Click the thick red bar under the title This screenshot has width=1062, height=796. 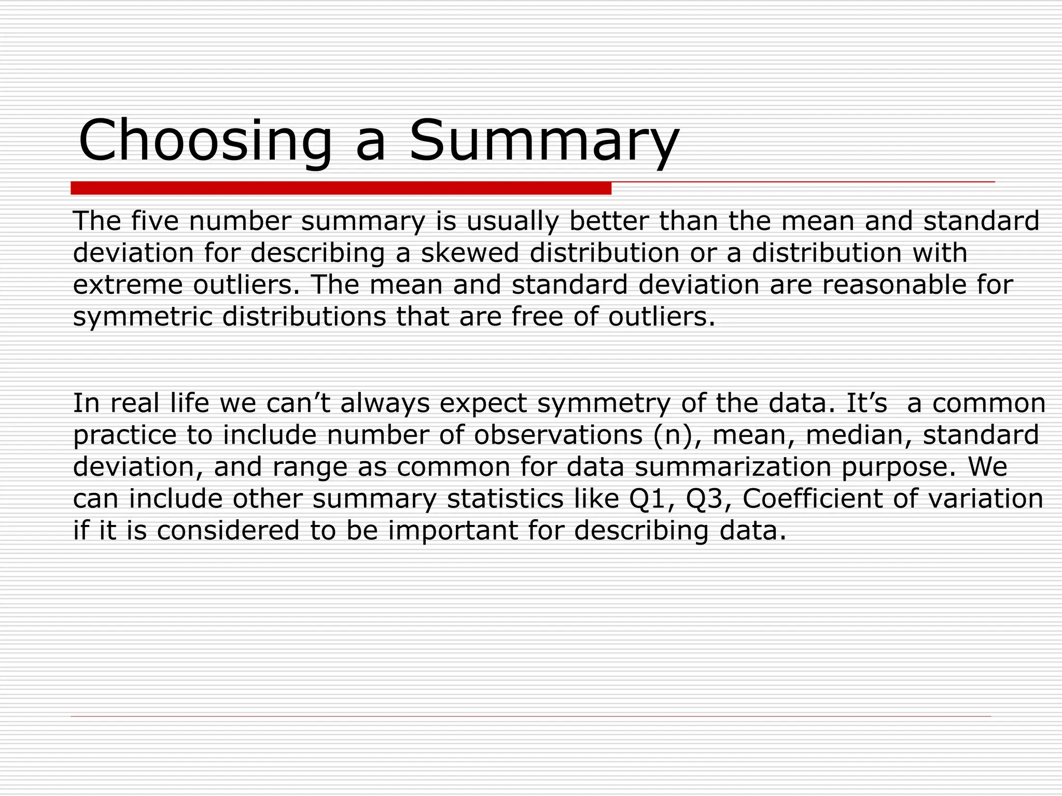click(x=341, y=188)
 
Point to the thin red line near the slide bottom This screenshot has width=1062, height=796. click(x=530, y=716)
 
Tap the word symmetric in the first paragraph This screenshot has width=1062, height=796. click(x=143, y=317)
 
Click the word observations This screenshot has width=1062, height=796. click(x=558, y=435)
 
